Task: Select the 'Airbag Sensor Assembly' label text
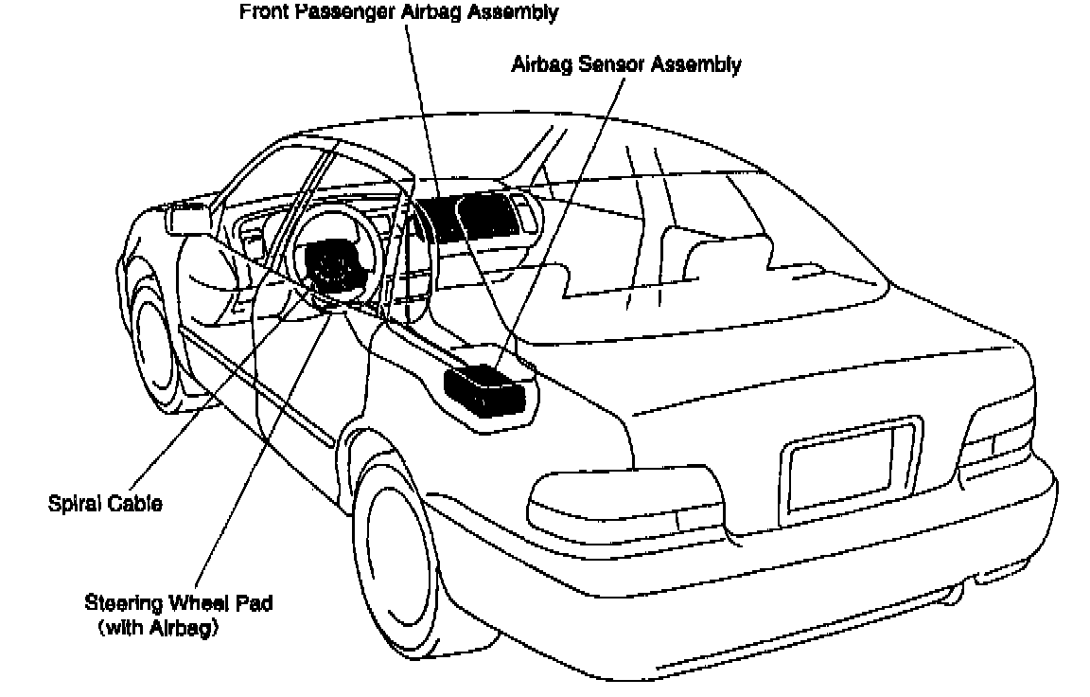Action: point(625,65)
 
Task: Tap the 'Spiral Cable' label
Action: point(105,503)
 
